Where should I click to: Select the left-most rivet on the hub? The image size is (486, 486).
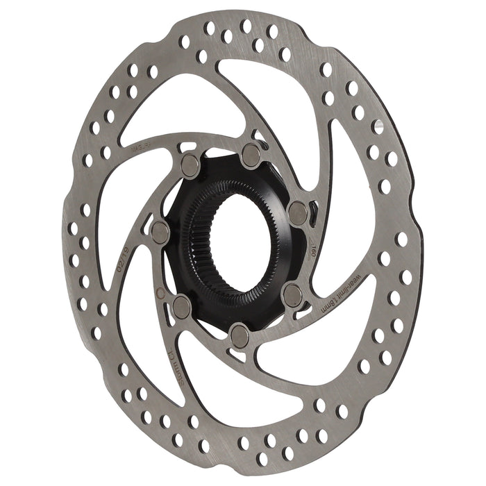[x=160, y=232]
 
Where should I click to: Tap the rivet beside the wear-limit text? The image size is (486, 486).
[x=292, y=295]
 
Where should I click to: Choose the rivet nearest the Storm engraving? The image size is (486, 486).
[x=182, y=305]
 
